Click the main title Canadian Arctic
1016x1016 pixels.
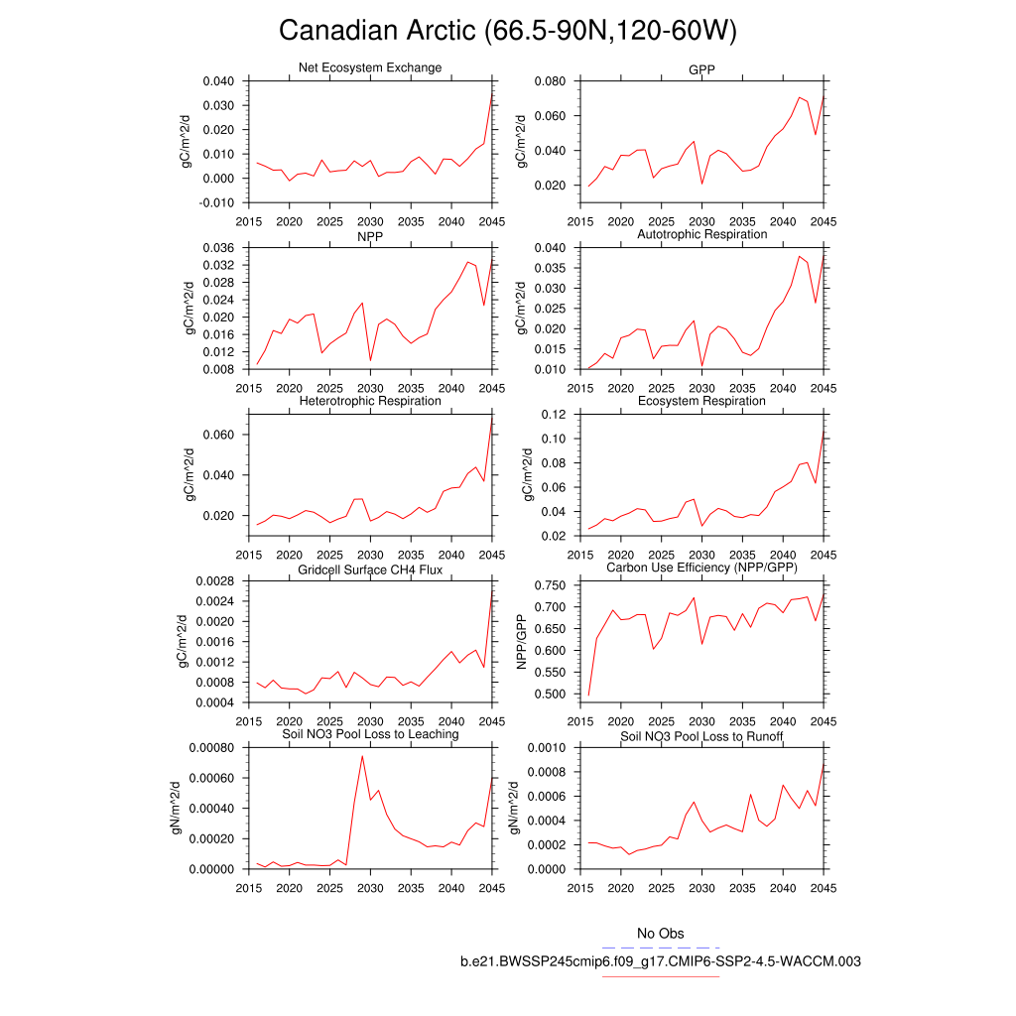(x=507, y=31)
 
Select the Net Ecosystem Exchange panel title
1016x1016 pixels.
(x=370, y=67)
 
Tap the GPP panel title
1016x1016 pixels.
(x=701, y=69)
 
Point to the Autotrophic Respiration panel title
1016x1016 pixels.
(x=701, y=234)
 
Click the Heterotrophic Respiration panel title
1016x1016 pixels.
(x=370, y=401)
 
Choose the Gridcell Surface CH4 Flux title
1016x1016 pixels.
(x=370, y=570)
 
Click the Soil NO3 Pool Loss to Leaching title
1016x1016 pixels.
(x=370, y=734)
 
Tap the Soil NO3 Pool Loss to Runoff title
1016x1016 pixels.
(x=701, y=736)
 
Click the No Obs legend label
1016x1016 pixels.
(x=660, y=934)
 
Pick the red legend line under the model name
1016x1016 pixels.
(x=660, y=976)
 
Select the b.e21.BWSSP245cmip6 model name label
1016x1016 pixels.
(x=660, y=961)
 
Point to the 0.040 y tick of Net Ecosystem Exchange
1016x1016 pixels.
(x=217, y=81)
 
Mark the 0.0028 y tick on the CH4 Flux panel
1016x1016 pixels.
(x=214, y=581)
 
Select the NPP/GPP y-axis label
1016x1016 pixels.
(x=523, y=640)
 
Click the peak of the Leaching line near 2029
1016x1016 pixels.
(x=362, y=756)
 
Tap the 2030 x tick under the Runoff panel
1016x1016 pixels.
(x=701, y=887)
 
